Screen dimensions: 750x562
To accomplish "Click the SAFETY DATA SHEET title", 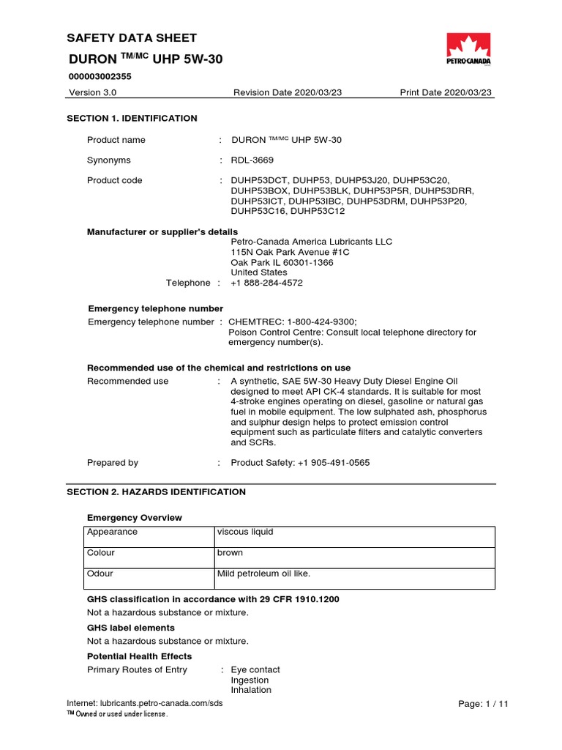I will (132, 38).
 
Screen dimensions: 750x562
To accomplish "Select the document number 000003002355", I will (100, 75).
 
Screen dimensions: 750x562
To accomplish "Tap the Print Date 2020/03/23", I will (446, 92).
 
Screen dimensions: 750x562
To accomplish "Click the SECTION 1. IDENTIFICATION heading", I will (132, 118).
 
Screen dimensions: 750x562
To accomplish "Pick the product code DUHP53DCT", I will (258, 180).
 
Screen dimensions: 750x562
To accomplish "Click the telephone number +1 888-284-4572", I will (266, 283).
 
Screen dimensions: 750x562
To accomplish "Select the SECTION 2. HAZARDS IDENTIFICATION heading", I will (157, 491).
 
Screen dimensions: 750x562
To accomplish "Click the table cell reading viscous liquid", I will (244, 532).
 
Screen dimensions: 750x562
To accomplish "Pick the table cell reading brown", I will (230, 553).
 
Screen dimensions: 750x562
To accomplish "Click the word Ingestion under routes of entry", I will (251, 680).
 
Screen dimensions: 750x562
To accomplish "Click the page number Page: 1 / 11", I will (482, 703).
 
